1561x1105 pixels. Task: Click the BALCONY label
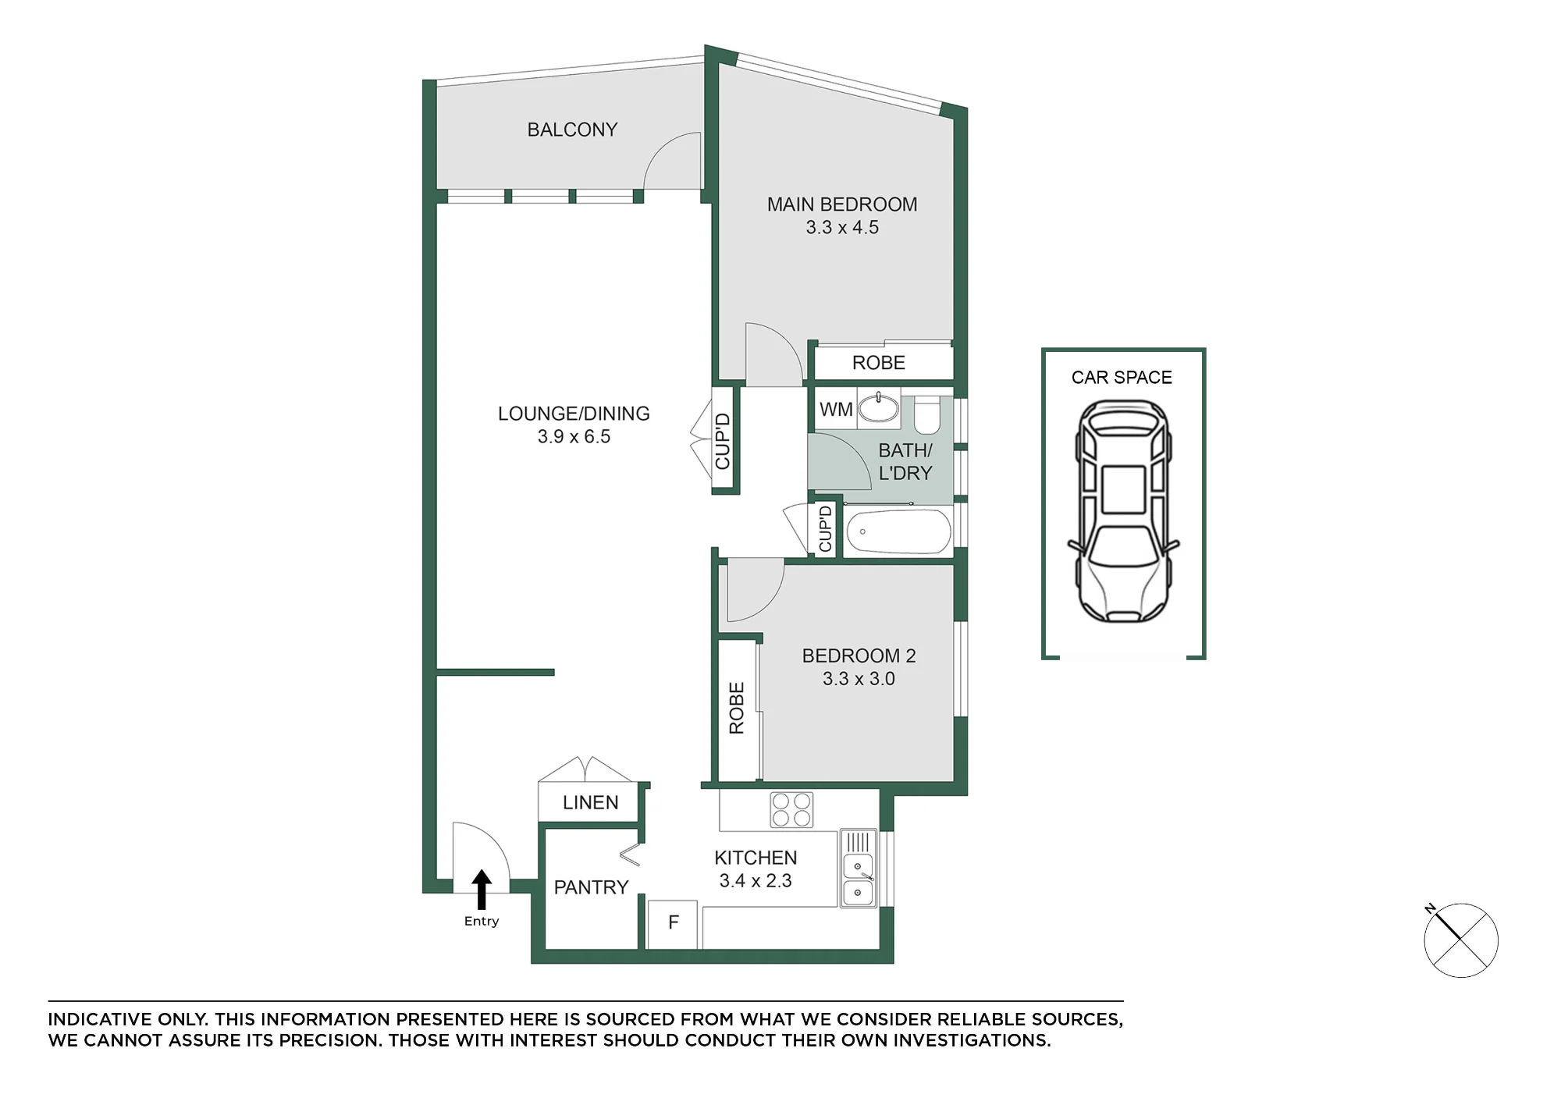click(572, 130)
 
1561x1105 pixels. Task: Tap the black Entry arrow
click(482, 890)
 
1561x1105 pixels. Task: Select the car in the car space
click(1123, 511)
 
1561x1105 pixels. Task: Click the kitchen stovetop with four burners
click(791, 809)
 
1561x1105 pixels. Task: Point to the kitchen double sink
click(858, 868)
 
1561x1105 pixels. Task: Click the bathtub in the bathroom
click(898, 531)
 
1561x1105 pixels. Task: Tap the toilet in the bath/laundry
click(926, 414)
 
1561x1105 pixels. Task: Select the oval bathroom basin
click(879, 407)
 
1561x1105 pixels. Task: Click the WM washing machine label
click(836, 409)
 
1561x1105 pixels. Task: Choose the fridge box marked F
click(673, 924)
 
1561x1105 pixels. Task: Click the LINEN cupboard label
click(590, 802)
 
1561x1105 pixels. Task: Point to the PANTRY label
click(591, 887)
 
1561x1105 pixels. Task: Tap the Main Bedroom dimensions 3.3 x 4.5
click(842, 227)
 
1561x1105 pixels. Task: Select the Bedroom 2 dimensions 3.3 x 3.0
click(859, 679)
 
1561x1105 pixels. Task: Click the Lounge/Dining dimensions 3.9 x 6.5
click(574, 437)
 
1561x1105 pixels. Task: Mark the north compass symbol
click(1460, 940)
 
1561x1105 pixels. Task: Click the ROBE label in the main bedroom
click(879, 363)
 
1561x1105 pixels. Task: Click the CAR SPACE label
click(1122, 378)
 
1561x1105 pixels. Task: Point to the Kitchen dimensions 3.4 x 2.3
click(756, 881)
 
